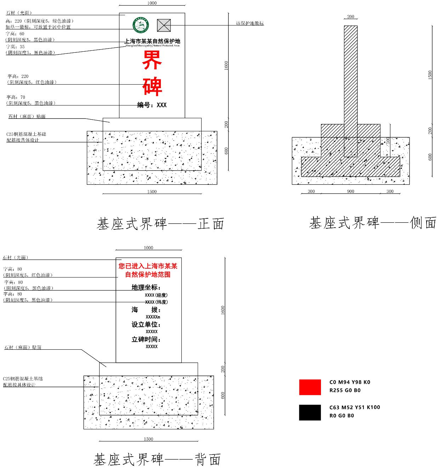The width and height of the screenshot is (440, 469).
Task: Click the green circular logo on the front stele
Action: pos(141,25)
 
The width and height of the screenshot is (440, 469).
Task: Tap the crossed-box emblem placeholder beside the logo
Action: pos(164,25)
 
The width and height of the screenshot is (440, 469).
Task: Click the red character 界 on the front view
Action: pos(152,60)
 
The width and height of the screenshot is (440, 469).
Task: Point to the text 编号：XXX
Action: pos(152,105)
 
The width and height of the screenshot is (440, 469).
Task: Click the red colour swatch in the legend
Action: pos(310,387)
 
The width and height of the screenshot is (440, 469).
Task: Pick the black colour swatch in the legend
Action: pos(310,412)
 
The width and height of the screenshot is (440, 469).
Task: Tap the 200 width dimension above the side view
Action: pos(350,17)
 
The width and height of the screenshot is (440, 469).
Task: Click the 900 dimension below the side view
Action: pos(350,191)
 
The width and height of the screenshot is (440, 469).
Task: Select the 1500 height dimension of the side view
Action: pos(430,75)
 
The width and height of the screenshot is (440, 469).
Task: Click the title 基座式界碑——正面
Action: pos(160,224)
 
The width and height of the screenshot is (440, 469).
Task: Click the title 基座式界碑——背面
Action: pos(157,459)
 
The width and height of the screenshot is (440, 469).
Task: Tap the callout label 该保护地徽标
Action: pos(250,23)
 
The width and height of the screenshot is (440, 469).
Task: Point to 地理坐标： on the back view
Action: pos(146,287)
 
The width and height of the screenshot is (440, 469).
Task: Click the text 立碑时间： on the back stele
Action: pos(146,339)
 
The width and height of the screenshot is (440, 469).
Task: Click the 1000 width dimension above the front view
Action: pos(152,3)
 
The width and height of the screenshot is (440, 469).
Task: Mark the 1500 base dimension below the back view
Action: pos(148,439)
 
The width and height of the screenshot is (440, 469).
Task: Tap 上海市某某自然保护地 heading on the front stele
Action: pos(152,41)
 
